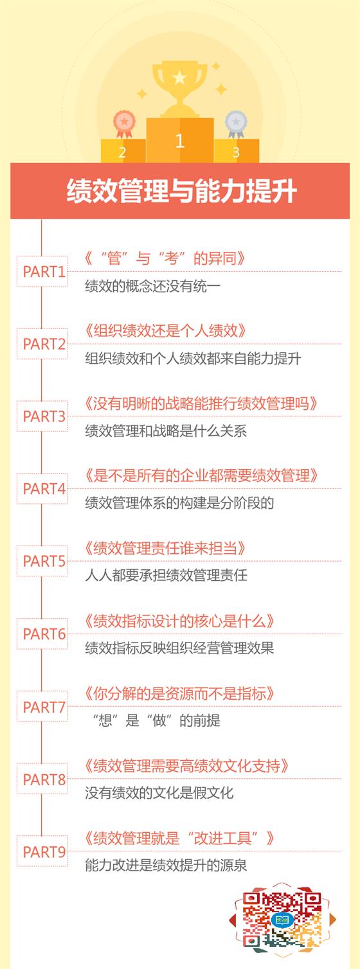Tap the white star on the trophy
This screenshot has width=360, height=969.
[179, 78]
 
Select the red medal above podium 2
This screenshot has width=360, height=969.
[124, 124]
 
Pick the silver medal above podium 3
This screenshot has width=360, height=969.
[236, 124]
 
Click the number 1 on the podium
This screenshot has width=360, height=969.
[179, 141]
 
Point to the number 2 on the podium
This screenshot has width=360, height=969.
[122, 152]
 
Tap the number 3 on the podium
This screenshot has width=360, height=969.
[236, 152]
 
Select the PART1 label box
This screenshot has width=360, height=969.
[42, 271]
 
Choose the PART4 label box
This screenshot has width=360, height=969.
[42, 488]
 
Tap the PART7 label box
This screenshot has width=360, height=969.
[42, 707]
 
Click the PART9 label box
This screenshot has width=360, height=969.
[42, 852]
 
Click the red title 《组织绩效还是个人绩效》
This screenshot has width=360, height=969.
[165, 330]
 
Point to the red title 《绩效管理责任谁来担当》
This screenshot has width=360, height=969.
[165, 548]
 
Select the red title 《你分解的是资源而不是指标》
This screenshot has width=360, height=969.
[179, 693]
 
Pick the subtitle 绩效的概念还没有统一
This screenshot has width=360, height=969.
[153, 286]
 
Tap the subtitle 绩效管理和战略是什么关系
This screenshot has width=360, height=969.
[166, 431]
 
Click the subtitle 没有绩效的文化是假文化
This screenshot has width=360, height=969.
[159, 792]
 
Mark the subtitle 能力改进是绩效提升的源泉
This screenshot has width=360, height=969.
[166, 865]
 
